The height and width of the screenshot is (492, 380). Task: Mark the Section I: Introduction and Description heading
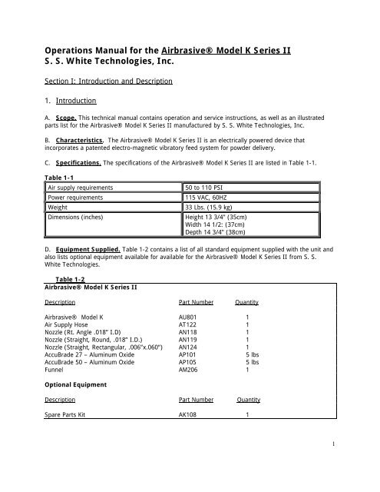(x=107, y=81)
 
